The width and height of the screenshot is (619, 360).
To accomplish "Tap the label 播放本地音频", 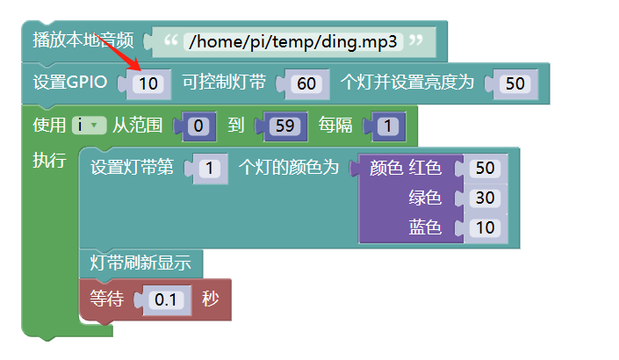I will (x=83, y=40).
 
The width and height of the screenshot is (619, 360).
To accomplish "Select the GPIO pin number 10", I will (x=150, y=84).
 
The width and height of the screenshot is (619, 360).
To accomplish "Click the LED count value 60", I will (x=307, y=84).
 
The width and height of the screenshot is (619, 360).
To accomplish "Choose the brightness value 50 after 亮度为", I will (x=516, y=84).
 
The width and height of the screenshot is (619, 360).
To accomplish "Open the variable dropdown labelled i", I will (x=89, y=126).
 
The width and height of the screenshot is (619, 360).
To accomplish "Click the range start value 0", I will (x=198, y=126).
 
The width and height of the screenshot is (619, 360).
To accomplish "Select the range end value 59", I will (x=283, y=126).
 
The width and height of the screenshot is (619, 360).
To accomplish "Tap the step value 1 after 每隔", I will (x=386, y=126).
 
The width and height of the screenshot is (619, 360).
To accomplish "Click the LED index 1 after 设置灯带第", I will (x=209, y=168).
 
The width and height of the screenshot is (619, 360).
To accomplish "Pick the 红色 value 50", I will (x=485, y=168).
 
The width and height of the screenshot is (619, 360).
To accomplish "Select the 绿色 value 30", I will (x=485, y=198).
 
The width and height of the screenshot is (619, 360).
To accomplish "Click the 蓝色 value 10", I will (x=485, y=228).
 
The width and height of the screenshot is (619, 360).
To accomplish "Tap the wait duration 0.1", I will (x=165, y=299).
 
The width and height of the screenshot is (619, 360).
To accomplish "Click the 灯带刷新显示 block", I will (x=140, y=263).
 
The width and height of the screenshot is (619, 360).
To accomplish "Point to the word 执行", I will (x=48, y=160).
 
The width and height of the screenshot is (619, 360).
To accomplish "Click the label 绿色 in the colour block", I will (x=425, y=198).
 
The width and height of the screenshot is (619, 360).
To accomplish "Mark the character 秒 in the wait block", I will (x=210, y=299).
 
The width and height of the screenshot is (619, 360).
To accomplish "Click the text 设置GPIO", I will (x=70, y=83).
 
